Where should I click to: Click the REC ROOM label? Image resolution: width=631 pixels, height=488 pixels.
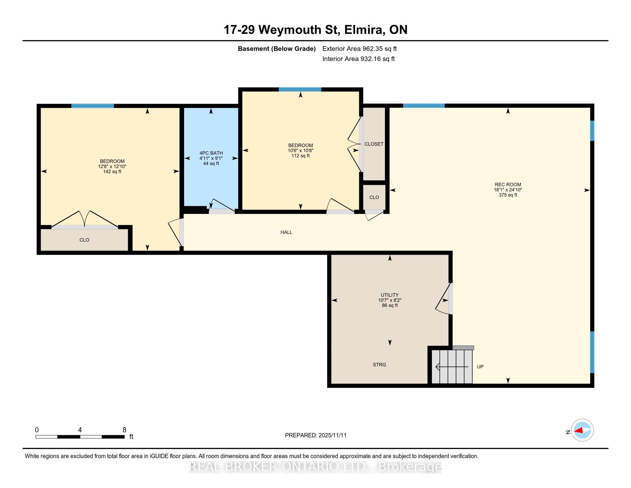[x=508, y=185]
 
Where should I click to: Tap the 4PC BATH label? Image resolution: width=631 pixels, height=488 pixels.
[x=211, y=153]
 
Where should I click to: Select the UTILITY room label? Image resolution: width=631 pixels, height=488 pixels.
[x=390, y=295]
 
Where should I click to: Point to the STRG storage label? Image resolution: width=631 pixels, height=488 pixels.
[x=379, y=365]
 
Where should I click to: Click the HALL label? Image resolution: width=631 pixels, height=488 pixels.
[x=286, y=232]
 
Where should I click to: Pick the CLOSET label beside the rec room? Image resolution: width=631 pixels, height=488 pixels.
[x=374, y=144]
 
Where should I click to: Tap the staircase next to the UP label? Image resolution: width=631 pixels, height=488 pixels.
[x=452, y=367]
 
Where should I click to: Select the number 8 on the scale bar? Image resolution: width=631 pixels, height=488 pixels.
[x=124, y=430]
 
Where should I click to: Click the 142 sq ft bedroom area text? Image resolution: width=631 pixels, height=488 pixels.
[x=112, y=171]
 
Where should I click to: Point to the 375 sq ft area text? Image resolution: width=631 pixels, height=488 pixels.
[x=508, y=195]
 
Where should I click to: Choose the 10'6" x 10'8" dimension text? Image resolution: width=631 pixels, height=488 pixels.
[x=301, y=150]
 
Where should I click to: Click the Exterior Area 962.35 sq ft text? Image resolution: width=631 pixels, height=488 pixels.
[x=359, y=49]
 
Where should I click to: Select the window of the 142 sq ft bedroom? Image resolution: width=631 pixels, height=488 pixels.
[x=92, y=106]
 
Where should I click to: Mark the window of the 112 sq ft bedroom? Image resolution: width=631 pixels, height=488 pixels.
[x=300, y=89]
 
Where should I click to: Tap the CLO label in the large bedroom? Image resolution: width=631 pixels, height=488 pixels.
[x=84, y=240]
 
